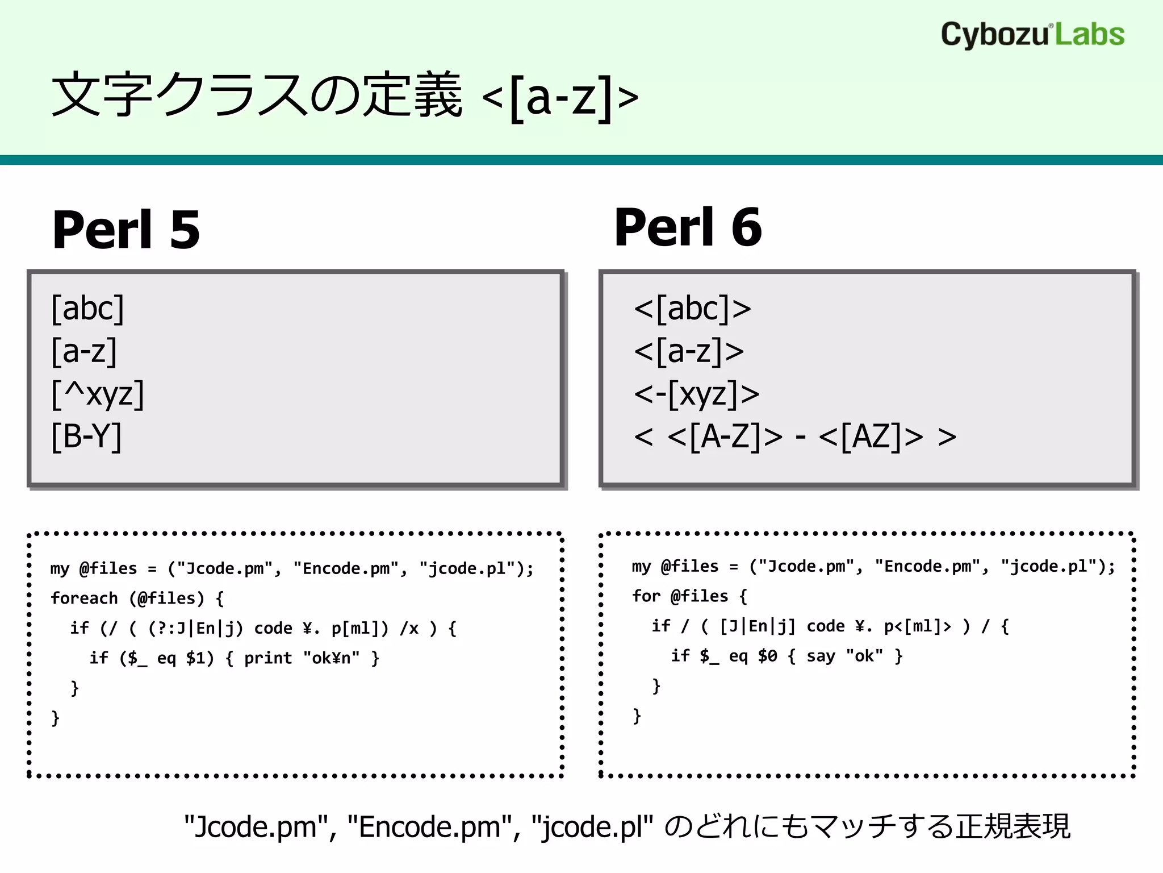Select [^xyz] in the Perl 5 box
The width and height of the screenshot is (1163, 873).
click(x=98, y=394)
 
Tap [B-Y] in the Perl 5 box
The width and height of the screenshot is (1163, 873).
click(x=87, y=436)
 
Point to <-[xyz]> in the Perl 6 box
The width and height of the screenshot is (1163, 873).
click(x=697, y=394)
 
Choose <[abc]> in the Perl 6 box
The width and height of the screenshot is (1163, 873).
click(x=692, y=309)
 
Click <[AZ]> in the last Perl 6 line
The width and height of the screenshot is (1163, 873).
click(x=871, y=436)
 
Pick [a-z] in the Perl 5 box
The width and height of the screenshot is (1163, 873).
click(x=84, y=351)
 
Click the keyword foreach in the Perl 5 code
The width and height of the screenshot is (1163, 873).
click(x=84, y=598)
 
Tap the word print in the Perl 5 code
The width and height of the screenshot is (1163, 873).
click(x=268, y=658)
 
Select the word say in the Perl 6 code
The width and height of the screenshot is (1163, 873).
click(x=821, y=656)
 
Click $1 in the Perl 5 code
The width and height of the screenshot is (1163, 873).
click(x=200, y=658)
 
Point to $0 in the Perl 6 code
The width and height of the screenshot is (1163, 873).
click(x=767, y=656)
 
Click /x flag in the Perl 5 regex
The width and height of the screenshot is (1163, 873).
click(x=409, y=628)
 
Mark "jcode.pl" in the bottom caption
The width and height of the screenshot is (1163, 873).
click(x=592, y=826)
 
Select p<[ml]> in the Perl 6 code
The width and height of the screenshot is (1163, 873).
click(x=917, y=626)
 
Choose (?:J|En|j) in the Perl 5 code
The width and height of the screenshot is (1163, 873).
click(x=196, y=628)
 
